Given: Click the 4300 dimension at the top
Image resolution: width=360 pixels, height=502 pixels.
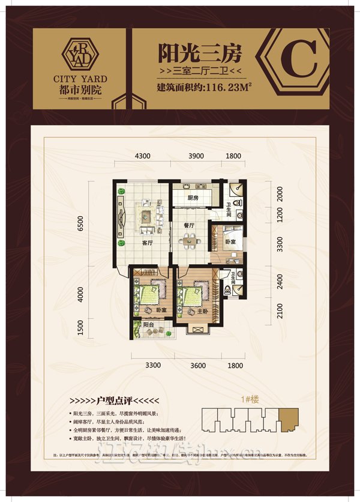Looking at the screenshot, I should click(x=142, y=156).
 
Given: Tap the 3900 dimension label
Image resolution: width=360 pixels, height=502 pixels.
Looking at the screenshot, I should click(x=196, y=156).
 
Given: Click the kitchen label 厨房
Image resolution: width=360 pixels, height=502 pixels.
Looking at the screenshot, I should click(x=193, y=198).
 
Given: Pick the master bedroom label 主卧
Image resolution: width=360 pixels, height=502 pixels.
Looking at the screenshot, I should click(x=192, y=312).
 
